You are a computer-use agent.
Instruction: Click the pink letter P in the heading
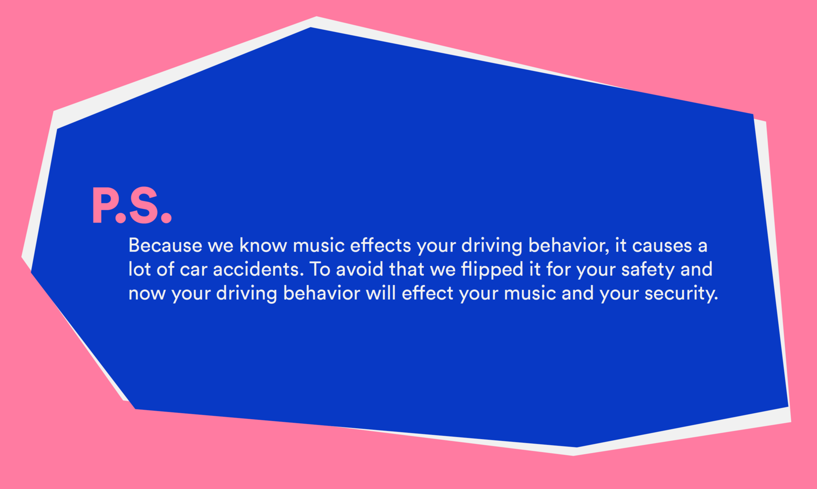point(103,205)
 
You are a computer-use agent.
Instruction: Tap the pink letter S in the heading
point(144,205)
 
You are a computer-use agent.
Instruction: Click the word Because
point(165,245)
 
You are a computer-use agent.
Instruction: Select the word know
point(263,245)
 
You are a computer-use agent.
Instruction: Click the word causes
point(662,245)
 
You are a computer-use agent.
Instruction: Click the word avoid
point(359,269)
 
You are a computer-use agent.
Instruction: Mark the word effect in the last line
point(427,293)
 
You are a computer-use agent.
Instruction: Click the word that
point(406,269)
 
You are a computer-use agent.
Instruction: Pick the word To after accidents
point(320,269)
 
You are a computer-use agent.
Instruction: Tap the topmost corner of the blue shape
point(310,27)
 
